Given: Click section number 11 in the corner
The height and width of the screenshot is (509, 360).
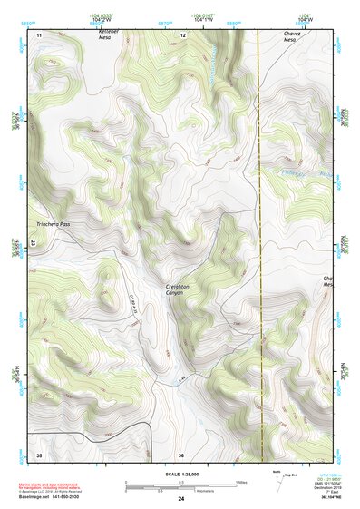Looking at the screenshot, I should (39, 34).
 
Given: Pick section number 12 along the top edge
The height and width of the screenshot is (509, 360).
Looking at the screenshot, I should (182, 34).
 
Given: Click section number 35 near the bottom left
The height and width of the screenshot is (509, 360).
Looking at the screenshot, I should (38, 454).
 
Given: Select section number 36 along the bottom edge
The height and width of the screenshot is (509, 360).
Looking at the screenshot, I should (181, 454).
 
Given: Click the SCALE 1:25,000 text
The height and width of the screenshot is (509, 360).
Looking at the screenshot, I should (180, 475).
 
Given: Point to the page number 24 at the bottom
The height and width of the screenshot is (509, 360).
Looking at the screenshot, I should (180, 499).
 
